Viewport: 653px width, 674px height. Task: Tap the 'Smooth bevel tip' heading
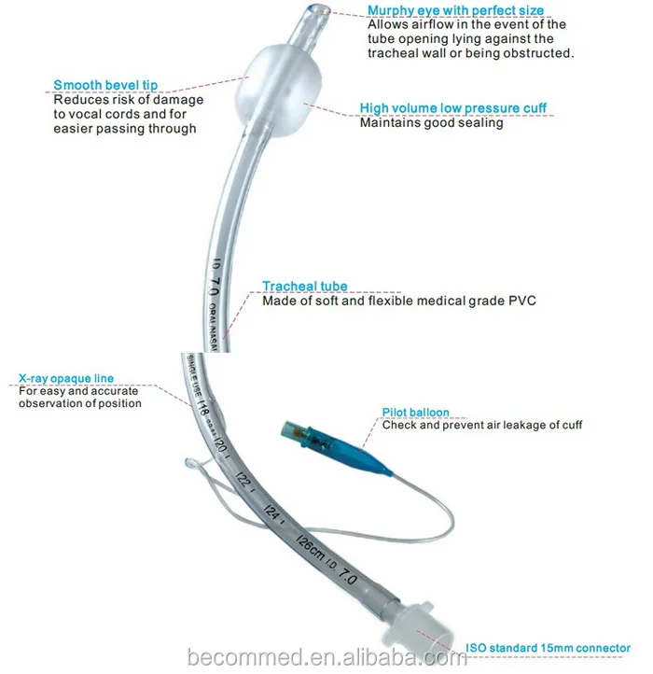[x=104, y=86]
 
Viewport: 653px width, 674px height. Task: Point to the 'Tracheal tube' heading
[x=304, y=287]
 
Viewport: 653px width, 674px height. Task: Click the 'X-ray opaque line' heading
[x=66, y=378]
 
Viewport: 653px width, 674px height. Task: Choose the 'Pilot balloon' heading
[x=415, y=412]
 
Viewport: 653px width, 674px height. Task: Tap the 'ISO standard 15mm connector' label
[x=548, y=648]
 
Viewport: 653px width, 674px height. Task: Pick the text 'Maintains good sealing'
[x=431, y=123]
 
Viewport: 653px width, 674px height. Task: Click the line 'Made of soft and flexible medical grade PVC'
[x=399, y=301]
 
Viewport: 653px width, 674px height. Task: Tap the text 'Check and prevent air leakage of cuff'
[x=482, y=425]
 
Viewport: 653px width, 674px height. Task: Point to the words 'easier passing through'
[x=124, y=129]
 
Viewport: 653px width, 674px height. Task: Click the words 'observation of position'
[x=80, y=403]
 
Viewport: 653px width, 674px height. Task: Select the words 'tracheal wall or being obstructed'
[x=471, y=53]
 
